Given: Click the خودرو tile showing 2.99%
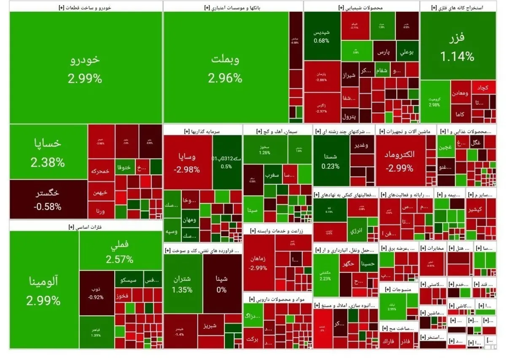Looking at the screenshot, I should [x=85, y=68].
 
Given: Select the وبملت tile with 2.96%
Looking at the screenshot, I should [x=226, y=68].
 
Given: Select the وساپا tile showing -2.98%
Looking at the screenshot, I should [x=188, y=162].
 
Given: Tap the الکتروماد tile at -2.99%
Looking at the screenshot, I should [x=400, y=160].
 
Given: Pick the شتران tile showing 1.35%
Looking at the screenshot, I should [x=182, y=284].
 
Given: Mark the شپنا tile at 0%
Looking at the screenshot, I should [x=222, y=284].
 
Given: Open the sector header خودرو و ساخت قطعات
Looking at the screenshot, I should [x=86, y=7].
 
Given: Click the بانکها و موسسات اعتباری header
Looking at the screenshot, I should [x=233, y=7].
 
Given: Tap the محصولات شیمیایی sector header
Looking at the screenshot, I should [x=361, y=7].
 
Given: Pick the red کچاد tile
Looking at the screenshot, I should [x=482, y=88].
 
